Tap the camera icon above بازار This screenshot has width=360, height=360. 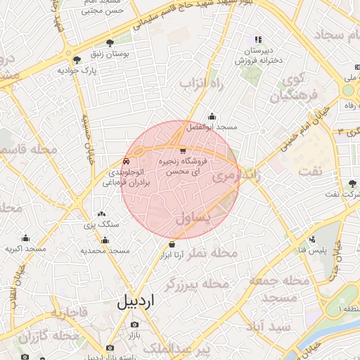pyautogui.click(x=134, y=325)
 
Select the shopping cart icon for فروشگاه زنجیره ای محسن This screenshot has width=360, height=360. pyautogui.click(x=183, y=150)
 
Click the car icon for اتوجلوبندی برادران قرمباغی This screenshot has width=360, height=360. pyautogui.click(x=127, y=160)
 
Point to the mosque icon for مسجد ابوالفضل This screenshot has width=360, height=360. pyautogui.click(x=212, y=117)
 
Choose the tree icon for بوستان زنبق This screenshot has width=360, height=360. pyautogui.click(x=109, y=43)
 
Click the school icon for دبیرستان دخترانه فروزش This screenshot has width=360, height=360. pyautogui.click(x=258, y=40)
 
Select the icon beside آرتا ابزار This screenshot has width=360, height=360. pyautogui.click(x=172, y=245)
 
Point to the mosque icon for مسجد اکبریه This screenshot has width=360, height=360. pyautogui.click(x=25, y=238)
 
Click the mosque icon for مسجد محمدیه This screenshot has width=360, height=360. pyautogui.click(x=105, y=240)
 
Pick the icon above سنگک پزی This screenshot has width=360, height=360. pyautogui.click(x=102, y=214)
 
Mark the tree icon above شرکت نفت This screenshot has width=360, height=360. pyautogui.click(x=352, y=183)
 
